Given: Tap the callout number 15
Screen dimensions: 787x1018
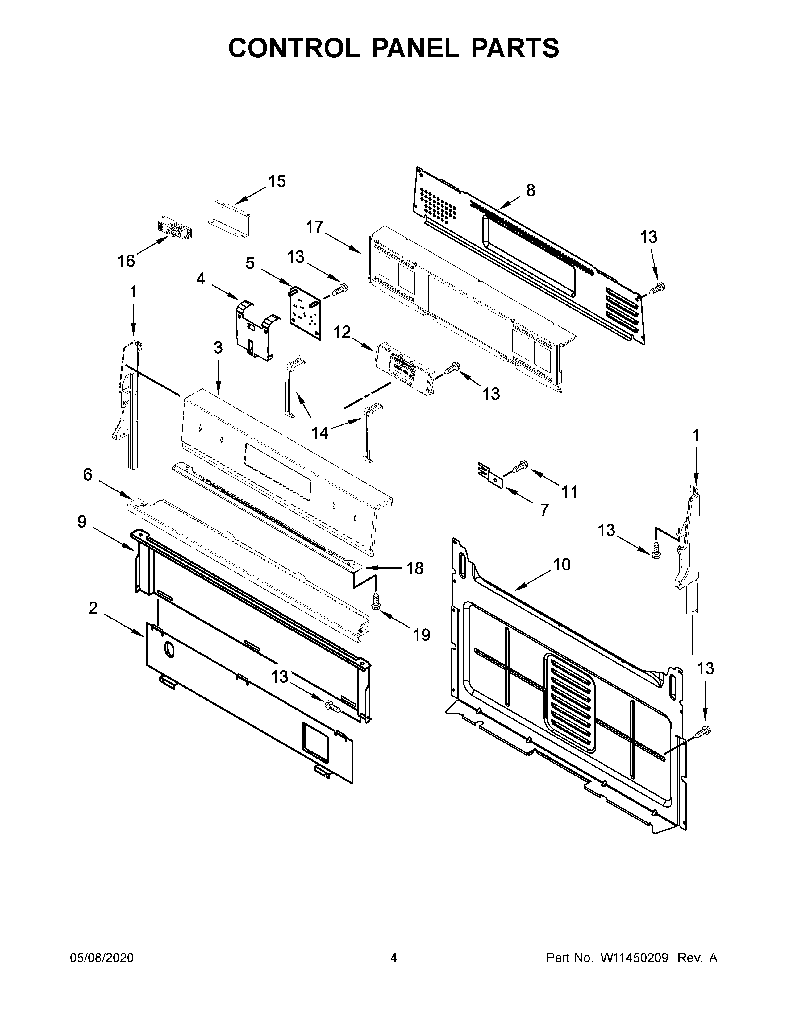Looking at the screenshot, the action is tap(277, 181).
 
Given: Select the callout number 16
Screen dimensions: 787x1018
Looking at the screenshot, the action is tap(126, 261).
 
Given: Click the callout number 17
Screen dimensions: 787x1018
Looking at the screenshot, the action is tap(315, 227).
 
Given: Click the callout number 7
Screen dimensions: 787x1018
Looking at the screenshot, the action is tap(544, 510).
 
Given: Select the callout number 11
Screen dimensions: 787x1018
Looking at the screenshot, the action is tap(569, 491).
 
